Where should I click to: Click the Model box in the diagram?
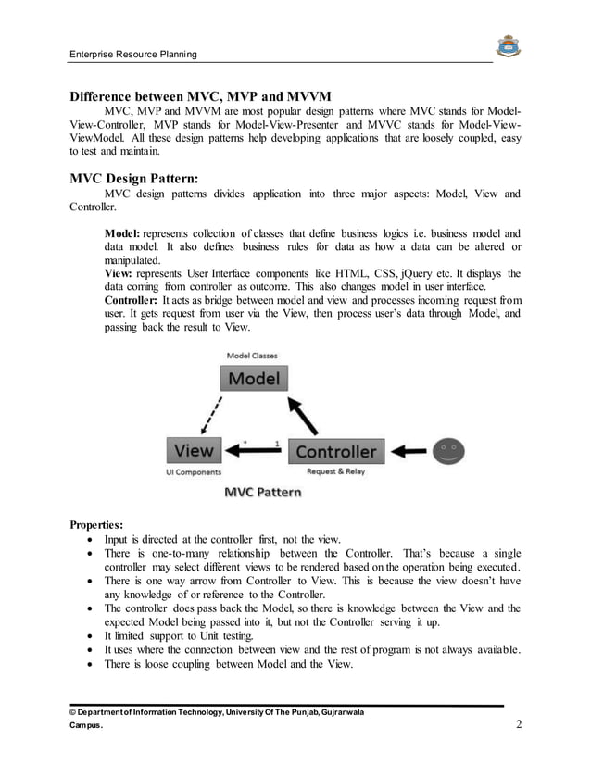[x=253, y=378]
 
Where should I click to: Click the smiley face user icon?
[x=449, y=451]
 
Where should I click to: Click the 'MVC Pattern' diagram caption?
[x=263, y=492]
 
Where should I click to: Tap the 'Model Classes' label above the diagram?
[x=252, y=355]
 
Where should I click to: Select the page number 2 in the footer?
[x=519, y=725]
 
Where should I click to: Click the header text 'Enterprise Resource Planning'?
[x=133, y=55]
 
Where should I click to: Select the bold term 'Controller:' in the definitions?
[x=131, y=300]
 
